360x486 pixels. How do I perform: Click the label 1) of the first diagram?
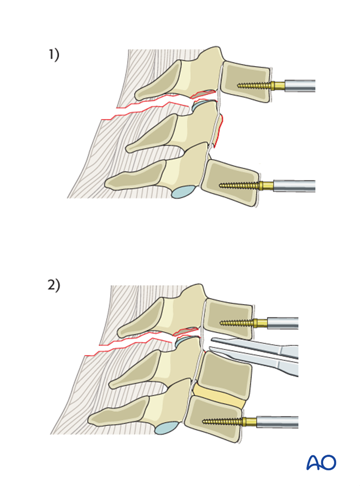point(54,55)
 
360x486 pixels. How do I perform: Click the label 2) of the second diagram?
point(54,285)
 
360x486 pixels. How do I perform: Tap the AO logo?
point(321,463)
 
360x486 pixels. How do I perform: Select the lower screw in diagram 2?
point(222,421)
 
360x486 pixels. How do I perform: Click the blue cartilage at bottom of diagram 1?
point(184,192)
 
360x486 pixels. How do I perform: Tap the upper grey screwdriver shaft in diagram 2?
point(283,323)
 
